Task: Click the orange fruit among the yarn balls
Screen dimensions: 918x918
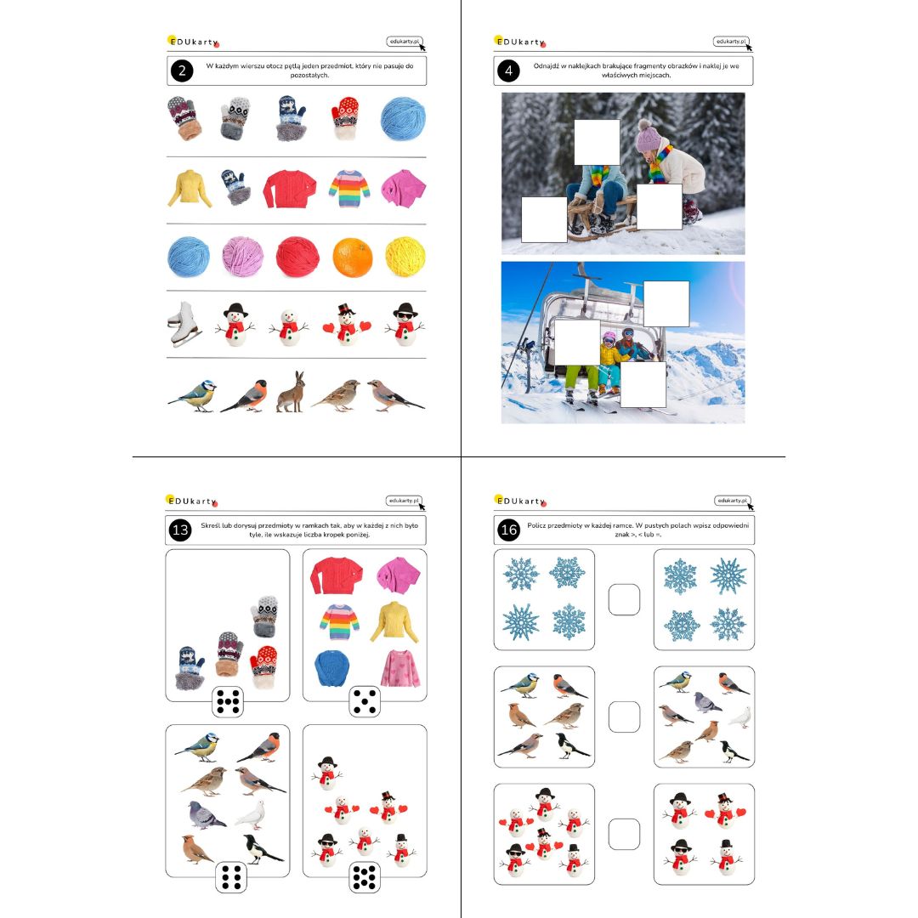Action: [353, 257]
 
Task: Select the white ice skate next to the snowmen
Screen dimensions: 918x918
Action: [184, 325]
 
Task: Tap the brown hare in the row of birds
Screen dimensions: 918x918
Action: [290, 392]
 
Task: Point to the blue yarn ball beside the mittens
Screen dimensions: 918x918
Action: [403, 119]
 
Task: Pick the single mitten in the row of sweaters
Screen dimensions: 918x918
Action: [235, 187]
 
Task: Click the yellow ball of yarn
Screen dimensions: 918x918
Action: [405, 257]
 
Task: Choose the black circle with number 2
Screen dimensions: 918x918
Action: [182, 71]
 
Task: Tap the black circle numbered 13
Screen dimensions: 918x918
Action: [180, 530]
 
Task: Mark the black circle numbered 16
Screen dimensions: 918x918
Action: [509, 530]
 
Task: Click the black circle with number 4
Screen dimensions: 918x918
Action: [509, 71]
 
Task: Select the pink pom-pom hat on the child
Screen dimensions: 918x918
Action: [648, 137]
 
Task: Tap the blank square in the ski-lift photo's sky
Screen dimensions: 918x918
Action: [666, 303]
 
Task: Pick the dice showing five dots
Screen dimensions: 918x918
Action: [365, 701]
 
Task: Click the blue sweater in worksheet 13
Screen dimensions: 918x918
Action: [332, 668]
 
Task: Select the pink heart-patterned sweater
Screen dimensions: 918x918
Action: [400, 668]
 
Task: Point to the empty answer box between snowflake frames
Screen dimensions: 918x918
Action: [624, 599]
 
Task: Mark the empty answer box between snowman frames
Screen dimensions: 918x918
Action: [624, 834]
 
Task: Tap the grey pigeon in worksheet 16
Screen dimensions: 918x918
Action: [707, 702]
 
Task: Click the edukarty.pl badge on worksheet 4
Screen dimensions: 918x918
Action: [731, 42]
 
